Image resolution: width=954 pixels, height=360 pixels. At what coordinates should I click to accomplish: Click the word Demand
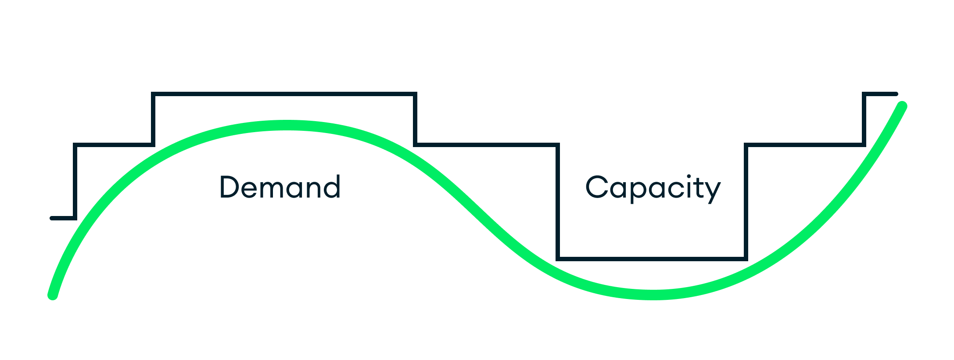[x=280, y=187]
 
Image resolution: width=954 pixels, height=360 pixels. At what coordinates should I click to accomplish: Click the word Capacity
[x=653, y=188]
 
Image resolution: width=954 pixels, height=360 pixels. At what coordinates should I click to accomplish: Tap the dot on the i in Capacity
[x=689, y=176]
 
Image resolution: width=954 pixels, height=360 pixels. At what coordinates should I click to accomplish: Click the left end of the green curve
[x=53, y=295]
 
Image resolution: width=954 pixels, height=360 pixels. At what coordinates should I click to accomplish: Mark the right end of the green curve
[x=902, y=106]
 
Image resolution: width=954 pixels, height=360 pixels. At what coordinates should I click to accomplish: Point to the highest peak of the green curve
[x=286, y=125]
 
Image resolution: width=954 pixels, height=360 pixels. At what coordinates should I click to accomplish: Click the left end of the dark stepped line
[x=52, y=218]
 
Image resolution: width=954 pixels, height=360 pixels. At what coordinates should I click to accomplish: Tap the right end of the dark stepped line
[x=896, y=94]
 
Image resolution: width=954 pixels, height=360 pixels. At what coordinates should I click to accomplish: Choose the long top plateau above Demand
[x=284, y=94]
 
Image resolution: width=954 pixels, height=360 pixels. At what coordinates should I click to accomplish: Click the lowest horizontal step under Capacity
[x=652, y=259]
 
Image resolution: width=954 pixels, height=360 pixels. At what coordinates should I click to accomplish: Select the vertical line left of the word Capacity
[x=558, y=202]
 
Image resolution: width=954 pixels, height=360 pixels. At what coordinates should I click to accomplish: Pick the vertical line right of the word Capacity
[x=746, y=202]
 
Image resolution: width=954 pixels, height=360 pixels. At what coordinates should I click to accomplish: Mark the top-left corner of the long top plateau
[x=153, y=94]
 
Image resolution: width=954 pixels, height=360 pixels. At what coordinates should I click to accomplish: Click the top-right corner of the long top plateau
[x=415, y=94]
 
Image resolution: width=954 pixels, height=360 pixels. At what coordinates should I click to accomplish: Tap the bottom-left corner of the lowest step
[x=558, y=259]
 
